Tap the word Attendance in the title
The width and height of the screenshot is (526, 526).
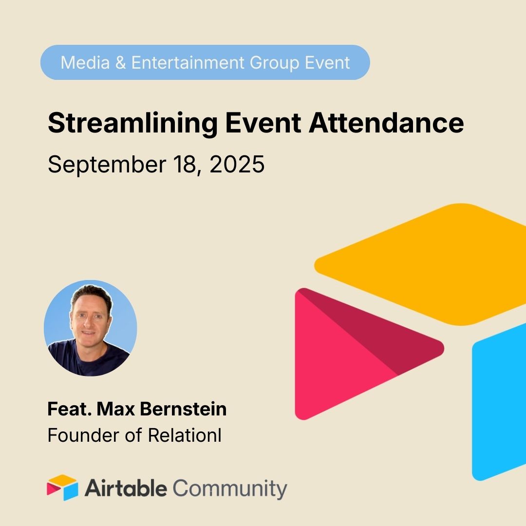tap(386, 124)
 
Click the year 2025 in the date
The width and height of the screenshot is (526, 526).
tap(237, 165)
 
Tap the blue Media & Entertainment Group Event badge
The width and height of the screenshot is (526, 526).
tap(205, 62)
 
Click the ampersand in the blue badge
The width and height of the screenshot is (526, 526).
tap(119, 62)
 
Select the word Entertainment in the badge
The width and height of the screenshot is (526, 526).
tap(187, 62)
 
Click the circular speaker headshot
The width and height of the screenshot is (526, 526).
tap(90, 328)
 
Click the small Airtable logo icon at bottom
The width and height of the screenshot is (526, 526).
tap(62, 488)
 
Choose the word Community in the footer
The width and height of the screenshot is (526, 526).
tap(230, 488)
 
